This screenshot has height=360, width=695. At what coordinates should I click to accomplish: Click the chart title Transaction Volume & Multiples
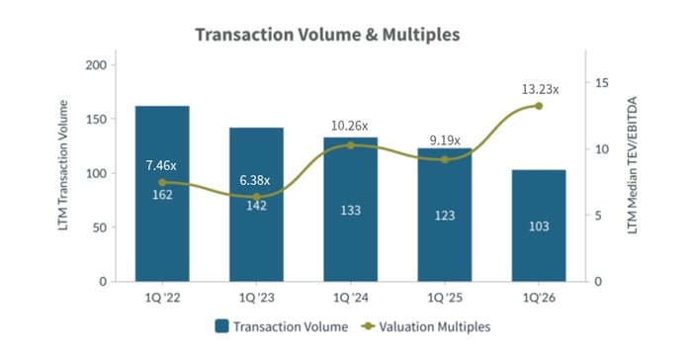click(x=327, y=35)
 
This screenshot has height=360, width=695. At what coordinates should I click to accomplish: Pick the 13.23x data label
click(x=540, y=89)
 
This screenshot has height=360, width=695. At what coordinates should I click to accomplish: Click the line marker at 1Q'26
click(x=539, y=106)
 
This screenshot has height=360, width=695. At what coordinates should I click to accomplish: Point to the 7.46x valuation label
click(x=162, y=165)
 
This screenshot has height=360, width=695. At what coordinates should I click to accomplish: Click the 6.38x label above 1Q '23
click(x=256, y=180)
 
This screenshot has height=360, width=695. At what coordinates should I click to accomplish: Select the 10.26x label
click(x=349, y=126)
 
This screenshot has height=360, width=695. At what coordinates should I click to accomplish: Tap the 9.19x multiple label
click(x=444, y=140)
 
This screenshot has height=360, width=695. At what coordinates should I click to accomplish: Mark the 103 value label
click(x=539, y=226)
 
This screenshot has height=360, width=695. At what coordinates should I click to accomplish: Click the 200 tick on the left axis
click(x=108, y=65)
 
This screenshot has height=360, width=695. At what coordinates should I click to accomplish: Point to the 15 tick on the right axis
click(x=600, y=83)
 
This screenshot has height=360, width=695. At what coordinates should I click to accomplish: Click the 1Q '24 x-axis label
click(x=350, y=296)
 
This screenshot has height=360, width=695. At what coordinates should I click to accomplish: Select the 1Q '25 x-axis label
click(x=444, y=296)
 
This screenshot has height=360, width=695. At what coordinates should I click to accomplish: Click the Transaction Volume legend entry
click(x=281, y=325)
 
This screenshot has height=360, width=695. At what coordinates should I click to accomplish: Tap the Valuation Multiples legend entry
click(x=425, y=325)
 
